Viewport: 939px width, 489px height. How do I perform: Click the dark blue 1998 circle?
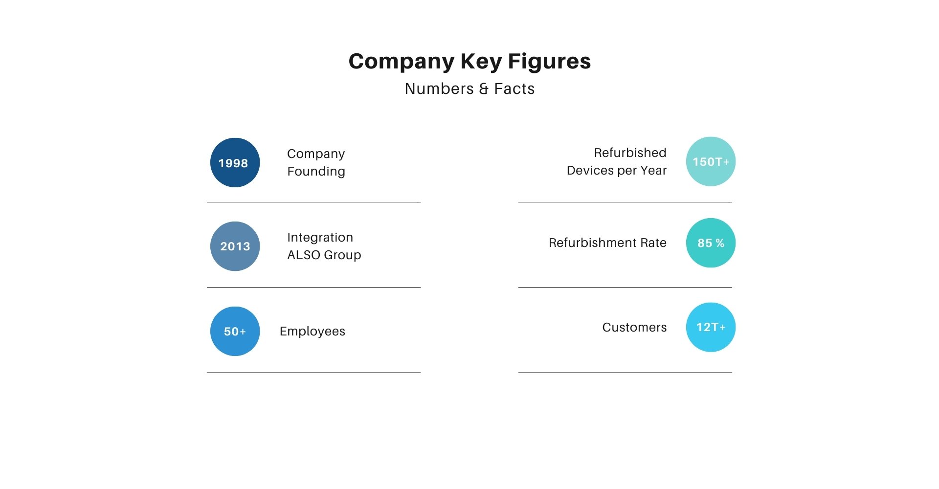click(235, 162)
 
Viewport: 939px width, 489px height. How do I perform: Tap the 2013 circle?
click(235, 246)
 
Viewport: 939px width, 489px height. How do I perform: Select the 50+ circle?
click(235, 331)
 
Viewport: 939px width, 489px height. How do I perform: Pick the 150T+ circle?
click(711, 161)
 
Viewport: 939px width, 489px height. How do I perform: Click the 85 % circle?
click(711, 243)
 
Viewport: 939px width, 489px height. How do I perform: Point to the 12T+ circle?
click(711, 327)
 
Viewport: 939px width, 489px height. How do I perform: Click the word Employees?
click(313, 332)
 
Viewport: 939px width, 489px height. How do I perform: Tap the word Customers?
click(634, 327)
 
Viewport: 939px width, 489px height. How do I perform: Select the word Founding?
click(316, 172)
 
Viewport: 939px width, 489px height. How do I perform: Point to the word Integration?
click(320, 238)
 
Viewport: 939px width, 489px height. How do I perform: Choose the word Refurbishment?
click(593, 243)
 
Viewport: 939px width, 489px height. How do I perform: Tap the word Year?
click(654, 170)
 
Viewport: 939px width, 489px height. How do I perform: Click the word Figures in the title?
click(549, 62)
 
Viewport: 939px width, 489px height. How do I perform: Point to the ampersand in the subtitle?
click(484, 89)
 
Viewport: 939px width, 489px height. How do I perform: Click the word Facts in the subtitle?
click(514, 89)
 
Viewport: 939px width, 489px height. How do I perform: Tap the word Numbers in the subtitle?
click(439, 89)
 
